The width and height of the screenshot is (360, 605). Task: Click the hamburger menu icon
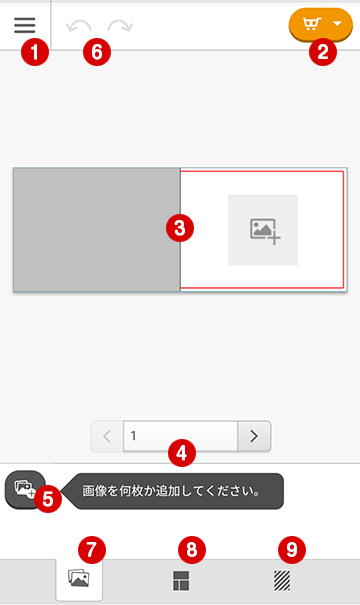click(25, 25)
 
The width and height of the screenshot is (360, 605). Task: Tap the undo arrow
click(79, 26)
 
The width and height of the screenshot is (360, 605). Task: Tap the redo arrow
click(120, 26)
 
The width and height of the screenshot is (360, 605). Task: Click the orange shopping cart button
click(321, 24)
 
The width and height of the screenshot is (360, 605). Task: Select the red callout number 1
click(35, 52)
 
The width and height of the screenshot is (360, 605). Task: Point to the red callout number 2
click(323, 52)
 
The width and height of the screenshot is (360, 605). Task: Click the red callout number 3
click(180, 228)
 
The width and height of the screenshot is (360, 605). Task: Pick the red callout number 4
click(182, 453)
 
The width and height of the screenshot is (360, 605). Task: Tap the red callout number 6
click(97, 52)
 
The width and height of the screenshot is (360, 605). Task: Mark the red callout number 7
click(91, 549)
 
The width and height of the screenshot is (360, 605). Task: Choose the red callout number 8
click(192, 549)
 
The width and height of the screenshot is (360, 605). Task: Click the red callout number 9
click(292, 549)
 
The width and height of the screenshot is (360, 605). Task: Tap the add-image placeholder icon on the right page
click(265, 232)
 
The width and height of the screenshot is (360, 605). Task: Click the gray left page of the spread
click(96, 230)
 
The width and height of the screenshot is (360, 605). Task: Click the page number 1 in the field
click(133, 436)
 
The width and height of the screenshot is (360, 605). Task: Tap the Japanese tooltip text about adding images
click(171, 491)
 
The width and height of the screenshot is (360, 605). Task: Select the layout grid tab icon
click(181, 581)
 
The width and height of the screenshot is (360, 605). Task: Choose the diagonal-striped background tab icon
click(282, 581)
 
